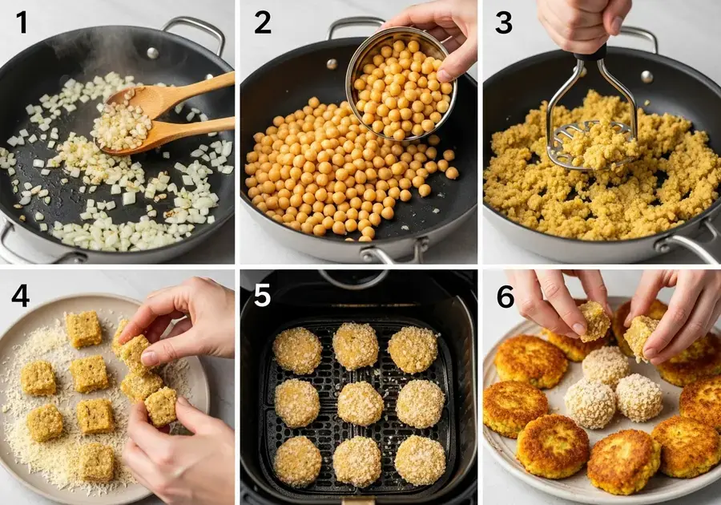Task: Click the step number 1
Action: click(x=21, y=22)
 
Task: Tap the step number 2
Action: click(x=263, y=22)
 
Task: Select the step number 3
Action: click(x=503, y=22)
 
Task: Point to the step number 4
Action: click(x=22, y=296)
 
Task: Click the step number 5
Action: click(x=263, y=296)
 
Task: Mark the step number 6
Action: click(x=505, y=296)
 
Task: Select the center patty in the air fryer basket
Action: click(x=360, y=402)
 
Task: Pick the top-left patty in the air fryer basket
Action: click(x=297, y=350)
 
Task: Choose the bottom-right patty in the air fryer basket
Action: click(x=420, y=460)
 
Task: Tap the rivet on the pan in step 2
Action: click(x=331, y=63)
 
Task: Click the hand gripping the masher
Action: click(x=583, y=20)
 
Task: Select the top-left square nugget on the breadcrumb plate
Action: click(x=83, y=329)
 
